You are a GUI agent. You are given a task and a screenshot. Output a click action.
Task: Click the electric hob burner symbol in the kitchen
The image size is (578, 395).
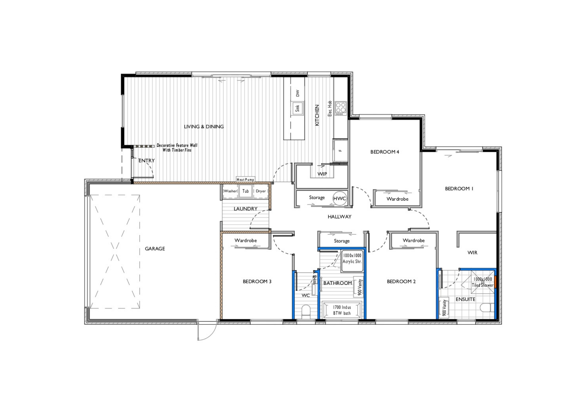[x=341, y=108]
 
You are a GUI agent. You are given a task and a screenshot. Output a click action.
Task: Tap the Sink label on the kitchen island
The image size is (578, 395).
[x=297, y=108]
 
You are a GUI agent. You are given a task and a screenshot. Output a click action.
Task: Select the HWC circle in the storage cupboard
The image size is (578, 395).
[x=339, y=198]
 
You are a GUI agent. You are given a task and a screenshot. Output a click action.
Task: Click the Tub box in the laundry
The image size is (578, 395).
[x=246, y=191]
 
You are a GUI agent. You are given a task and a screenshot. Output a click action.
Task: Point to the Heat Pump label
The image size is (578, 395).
[x=245, y=179]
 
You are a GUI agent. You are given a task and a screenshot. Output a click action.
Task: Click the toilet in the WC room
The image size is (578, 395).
[x=306, y=311]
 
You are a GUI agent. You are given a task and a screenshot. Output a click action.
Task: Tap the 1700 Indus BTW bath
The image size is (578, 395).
[x=342, y=310]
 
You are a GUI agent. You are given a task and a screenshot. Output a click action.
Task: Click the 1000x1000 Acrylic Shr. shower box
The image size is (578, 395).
[x=352, y=261]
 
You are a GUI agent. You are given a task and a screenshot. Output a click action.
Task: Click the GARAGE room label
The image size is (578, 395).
[x=155, y=249]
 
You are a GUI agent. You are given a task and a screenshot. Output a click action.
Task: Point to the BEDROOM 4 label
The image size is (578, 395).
[x=384, y=152]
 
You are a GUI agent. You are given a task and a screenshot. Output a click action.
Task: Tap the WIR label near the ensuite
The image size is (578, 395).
[x=472, y=253]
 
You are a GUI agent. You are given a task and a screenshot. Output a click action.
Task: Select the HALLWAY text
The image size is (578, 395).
[x=339, y=217]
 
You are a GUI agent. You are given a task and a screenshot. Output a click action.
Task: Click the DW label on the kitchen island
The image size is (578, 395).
[x=297, y=93]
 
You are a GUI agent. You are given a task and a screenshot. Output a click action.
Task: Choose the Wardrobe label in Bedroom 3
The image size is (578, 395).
[x=246, y=240]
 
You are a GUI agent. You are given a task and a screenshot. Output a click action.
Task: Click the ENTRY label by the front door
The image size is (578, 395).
[x=146, y=161]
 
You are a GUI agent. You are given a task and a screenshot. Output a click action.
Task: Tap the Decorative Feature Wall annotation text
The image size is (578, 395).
[x=177, y=148]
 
